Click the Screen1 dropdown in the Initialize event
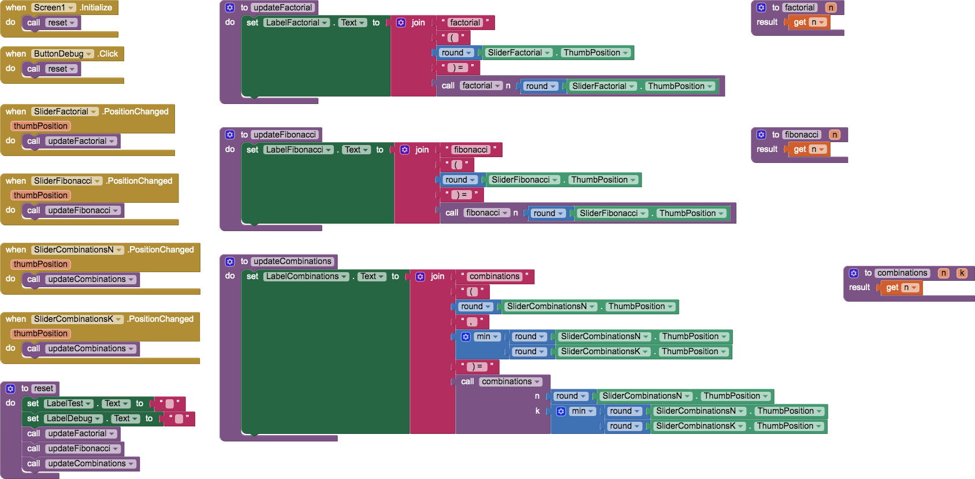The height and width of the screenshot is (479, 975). tap(54, 8)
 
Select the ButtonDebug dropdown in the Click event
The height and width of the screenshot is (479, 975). tap(62, 54)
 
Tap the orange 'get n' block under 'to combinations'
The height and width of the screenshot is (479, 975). tap(900, 288)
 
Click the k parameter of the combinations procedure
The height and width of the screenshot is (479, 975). tap(962, 273)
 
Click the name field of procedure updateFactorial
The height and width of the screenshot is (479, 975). tap(283, 8)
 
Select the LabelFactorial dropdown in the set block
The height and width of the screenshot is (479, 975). tap(297, 23)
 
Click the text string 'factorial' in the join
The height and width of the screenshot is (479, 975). tap(465, 23)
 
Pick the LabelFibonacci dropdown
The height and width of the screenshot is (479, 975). tap(299, 150)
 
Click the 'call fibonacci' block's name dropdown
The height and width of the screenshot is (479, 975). tap(487, 213)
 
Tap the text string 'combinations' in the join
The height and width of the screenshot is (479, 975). tap(494, 276)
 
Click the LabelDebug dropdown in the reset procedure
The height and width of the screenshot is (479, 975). tap(73, 418)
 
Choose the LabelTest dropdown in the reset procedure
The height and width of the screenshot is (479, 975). tap(69, 403)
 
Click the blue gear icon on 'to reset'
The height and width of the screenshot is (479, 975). tap(10, 389)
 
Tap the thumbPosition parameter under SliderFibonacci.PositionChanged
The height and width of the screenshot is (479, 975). tap(40, 195)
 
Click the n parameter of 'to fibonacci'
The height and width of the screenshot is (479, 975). tap(835, 135)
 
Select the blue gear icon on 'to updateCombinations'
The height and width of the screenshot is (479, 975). tap(230, 262)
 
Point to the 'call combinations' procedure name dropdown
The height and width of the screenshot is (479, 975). tap(511, 381)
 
